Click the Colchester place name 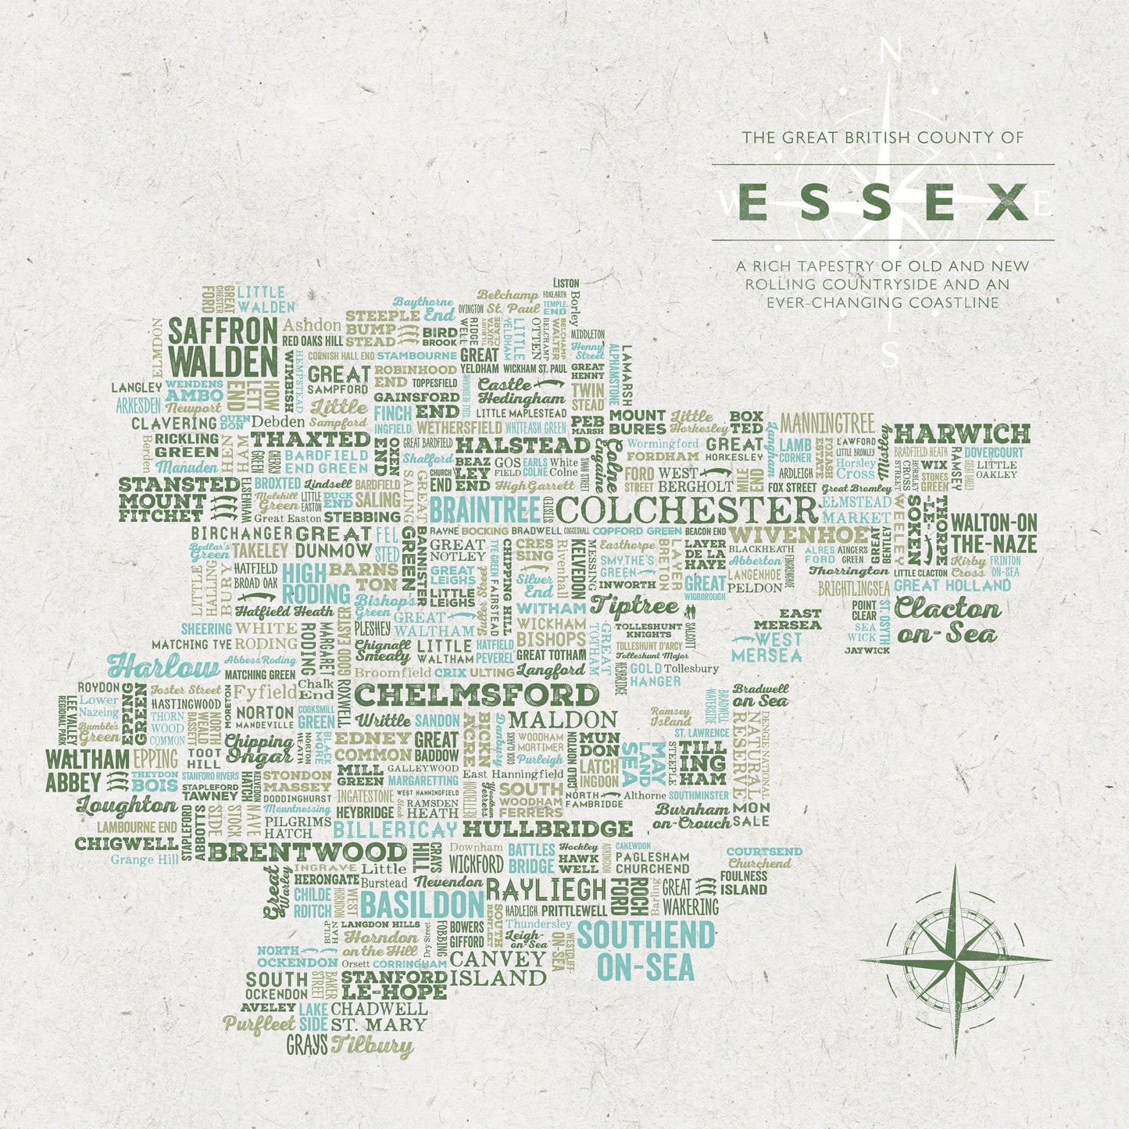pyautogui.click(x=688, y=510)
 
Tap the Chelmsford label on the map pyautogui.click(x=477, y=695)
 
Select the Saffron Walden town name pyautogui.click(x=223, y=347)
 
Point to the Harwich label pyautogui.click(x=962, y=434)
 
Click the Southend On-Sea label pyautogui.click(x=645, y=950)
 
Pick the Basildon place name pyautogui.click(x=422, y=905)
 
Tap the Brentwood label pyautogui.click(x=308, y=852)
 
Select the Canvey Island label pyautogui.click(x=498, y=968)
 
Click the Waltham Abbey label pyautogui.click(x=86, y=770)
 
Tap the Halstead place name pyautogui.click(x=523, y=445)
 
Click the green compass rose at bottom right pyautogui.click(x=955, y=959)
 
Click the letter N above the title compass pyautogui.click(x=888, y=52)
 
